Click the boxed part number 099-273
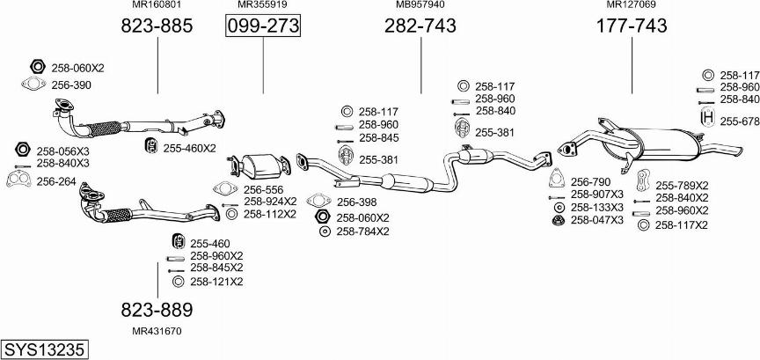263,26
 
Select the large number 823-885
157,26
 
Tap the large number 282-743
420,26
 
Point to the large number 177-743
631,26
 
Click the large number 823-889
157,310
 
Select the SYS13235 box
45,349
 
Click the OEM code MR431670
157,332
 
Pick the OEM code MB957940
420,4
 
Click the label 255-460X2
189,148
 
